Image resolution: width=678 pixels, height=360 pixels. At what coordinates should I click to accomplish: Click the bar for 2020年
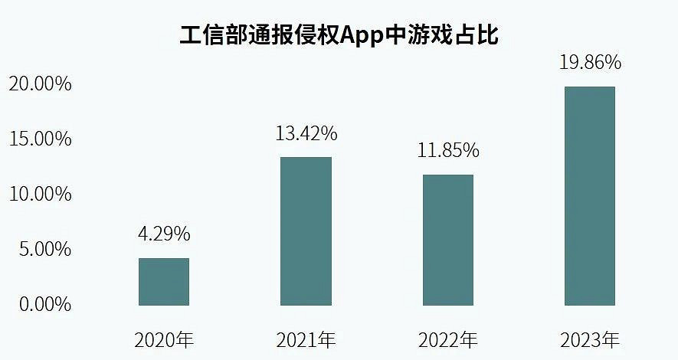click(x=164, y=282)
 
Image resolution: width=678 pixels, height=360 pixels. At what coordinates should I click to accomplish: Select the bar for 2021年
click(x=306, y=231)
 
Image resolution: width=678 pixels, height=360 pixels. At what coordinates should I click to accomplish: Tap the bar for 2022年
click(x=448, y=240)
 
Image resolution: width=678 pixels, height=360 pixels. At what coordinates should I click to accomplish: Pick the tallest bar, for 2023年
click(x=589, y=196)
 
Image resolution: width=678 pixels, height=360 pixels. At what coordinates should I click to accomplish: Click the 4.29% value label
click(x=164, y=234)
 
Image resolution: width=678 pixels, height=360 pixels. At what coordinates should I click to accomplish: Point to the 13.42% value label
click(x=306, y=133)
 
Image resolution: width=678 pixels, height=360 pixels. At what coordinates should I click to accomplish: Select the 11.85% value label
click(x=448, y=150)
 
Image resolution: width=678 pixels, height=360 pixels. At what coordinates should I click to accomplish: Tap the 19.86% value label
click(x=589, y=62)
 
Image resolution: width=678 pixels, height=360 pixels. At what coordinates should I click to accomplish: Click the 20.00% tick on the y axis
click(x=40, y=83)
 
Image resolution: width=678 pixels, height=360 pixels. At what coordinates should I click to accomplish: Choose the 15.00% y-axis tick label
click(x=40, y=139)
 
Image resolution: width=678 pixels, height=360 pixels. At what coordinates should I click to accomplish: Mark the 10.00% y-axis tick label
click(x=40, y=194)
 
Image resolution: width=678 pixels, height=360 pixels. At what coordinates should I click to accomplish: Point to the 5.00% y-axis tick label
click(x=44, y=249)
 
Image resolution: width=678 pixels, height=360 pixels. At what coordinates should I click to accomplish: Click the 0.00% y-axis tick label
click(x=44, y=304)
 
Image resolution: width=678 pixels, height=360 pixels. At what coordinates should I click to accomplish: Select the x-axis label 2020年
click(x=164, y=339)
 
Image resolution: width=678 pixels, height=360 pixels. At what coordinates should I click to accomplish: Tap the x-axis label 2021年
click(x=306, y=339)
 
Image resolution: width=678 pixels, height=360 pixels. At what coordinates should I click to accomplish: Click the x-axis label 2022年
click(x=448, y=339)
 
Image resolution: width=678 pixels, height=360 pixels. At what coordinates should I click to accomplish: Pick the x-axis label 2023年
click(x=589, y=339)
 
